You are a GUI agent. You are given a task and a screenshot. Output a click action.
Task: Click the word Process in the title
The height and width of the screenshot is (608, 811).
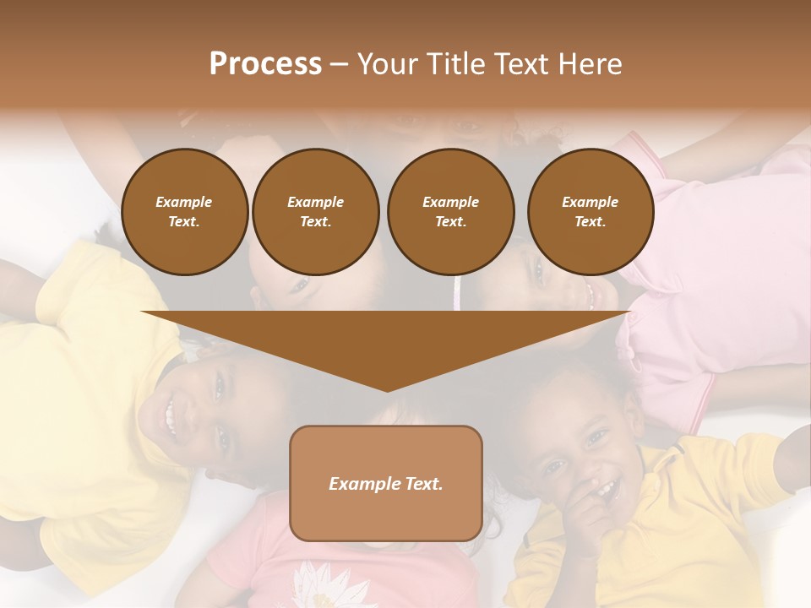pyautogui.click(x=265, y=64)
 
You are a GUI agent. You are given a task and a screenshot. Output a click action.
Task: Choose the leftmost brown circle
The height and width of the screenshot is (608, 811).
pyautogui.click(x=185, y=212)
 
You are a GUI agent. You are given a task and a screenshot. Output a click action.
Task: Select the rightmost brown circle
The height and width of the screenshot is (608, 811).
pyautogui.click(x=591, y=212)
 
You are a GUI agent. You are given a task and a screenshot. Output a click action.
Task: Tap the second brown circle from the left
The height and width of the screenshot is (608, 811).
pyautogui.click(x=316, y=212)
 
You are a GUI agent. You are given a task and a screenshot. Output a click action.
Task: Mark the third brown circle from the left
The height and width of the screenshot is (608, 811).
pyautogui.click(x=451, y=212)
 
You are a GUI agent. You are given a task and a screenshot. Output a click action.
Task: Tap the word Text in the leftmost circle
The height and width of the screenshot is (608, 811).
pyautogui.click(x=184, y=222)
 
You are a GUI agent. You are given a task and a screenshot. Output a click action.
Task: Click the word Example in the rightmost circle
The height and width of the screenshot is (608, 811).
pyautogui.click(x=590, y=202)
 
